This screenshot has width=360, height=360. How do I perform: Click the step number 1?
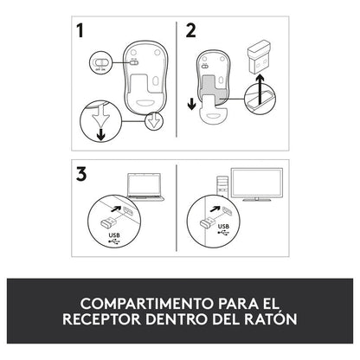(80, 31)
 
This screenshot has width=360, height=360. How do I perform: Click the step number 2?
(190, 31)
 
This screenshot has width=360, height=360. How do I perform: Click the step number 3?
(81, 175)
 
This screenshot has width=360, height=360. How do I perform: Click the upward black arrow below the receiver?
(260, 89)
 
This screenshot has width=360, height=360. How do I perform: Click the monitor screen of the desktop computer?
(257, 183)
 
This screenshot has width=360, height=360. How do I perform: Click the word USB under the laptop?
(114, 235)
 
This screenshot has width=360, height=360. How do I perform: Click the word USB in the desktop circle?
(223, 227)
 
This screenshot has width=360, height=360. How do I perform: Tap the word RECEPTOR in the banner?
(101, 319)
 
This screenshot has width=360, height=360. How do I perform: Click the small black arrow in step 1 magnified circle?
(100, 135)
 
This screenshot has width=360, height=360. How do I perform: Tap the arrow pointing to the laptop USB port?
(116, 208)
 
